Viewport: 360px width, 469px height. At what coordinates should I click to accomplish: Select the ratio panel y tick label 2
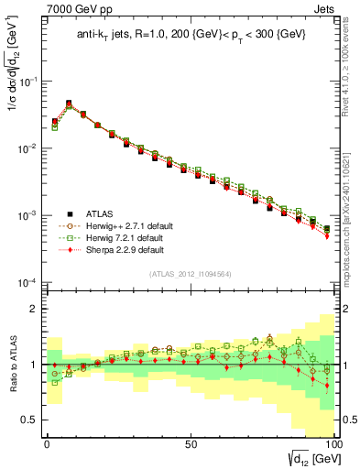[x=34, y=309]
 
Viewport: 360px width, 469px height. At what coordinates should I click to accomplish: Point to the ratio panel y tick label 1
[x=34, y=365]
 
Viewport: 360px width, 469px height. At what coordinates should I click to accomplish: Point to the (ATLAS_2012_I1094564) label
[x=189, y=273]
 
